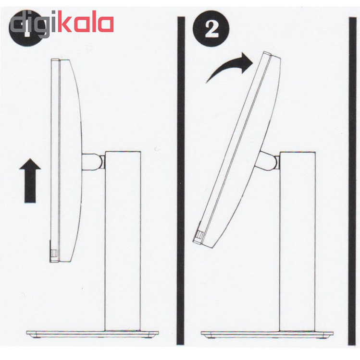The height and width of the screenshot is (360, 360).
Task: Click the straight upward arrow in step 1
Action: click(x=30, y=181)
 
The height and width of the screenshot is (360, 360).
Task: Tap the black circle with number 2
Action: click(x=211, y=29)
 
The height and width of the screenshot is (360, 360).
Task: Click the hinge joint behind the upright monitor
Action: click(x=93, y=162)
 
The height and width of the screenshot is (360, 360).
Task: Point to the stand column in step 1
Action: click(x=123, y=241)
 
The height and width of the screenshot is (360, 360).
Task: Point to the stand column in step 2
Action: click(x=297, y=241)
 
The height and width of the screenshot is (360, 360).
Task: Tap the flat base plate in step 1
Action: click(x=92, y=334)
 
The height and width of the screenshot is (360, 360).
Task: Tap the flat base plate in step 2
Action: click(x=267, y=334)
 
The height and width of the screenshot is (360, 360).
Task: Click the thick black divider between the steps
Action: click(x=181, y=180)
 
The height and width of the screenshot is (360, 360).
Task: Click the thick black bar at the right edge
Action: click(x=352, y=181)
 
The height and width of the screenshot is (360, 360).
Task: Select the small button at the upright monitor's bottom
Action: click(x=53, y=252)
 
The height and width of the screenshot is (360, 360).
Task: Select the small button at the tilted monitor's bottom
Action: click(x=199, y=234)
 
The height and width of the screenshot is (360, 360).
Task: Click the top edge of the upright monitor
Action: click(x=61, y=60)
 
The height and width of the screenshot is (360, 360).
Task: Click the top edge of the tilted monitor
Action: click(x=271, y=55)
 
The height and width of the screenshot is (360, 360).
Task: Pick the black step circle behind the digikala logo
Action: click(x=26, y=29)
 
